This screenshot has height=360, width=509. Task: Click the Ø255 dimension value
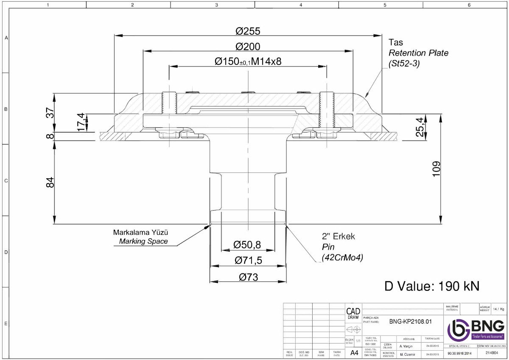tap(248, 31)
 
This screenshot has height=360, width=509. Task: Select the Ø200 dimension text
tap(248, 46)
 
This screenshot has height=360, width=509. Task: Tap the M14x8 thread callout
tap(266, 62)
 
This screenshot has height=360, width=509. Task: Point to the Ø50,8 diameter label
tap(247, 244)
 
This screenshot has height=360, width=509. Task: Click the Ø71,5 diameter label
tap(249, 260)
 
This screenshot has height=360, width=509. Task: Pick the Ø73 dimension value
tap(248, 277)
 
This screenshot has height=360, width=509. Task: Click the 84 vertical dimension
tap(50, 182)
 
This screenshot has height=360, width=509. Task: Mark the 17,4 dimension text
tap(80, 122)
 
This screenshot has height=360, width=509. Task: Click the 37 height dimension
tap(50, 113)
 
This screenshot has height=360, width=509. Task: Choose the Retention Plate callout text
tap(418, 53)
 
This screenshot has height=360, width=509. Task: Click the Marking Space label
tap(143, 242)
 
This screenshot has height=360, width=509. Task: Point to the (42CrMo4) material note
tap(342, 257)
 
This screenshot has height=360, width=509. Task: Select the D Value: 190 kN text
tap(432, 286)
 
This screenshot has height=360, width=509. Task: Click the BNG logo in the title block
tap(476, 329)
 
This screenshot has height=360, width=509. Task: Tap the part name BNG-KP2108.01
tap(410, 321)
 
